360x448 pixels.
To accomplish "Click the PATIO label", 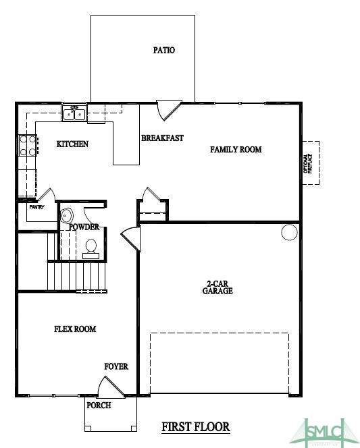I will [163, 50].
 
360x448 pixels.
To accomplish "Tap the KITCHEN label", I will [72, 144].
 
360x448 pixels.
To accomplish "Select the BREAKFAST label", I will [162, 138].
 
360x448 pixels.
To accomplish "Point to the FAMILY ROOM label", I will [236, 150].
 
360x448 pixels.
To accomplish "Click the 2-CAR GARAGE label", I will [217, 288].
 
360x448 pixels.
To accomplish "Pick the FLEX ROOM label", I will [75, 329].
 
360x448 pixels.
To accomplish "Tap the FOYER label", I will [115, 366].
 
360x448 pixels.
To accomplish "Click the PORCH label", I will [99, 405].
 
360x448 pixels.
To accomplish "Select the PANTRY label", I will [36, 207].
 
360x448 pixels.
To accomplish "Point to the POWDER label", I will [84, 227].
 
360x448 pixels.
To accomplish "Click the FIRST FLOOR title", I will [196, 426].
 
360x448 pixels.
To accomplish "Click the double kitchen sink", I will [74, 113].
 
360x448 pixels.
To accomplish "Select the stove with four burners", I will [28, 146].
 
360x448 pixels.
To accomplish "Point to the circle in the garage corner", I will [289, 233].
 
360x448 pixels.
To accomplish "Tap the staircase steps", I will [76, 275].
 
